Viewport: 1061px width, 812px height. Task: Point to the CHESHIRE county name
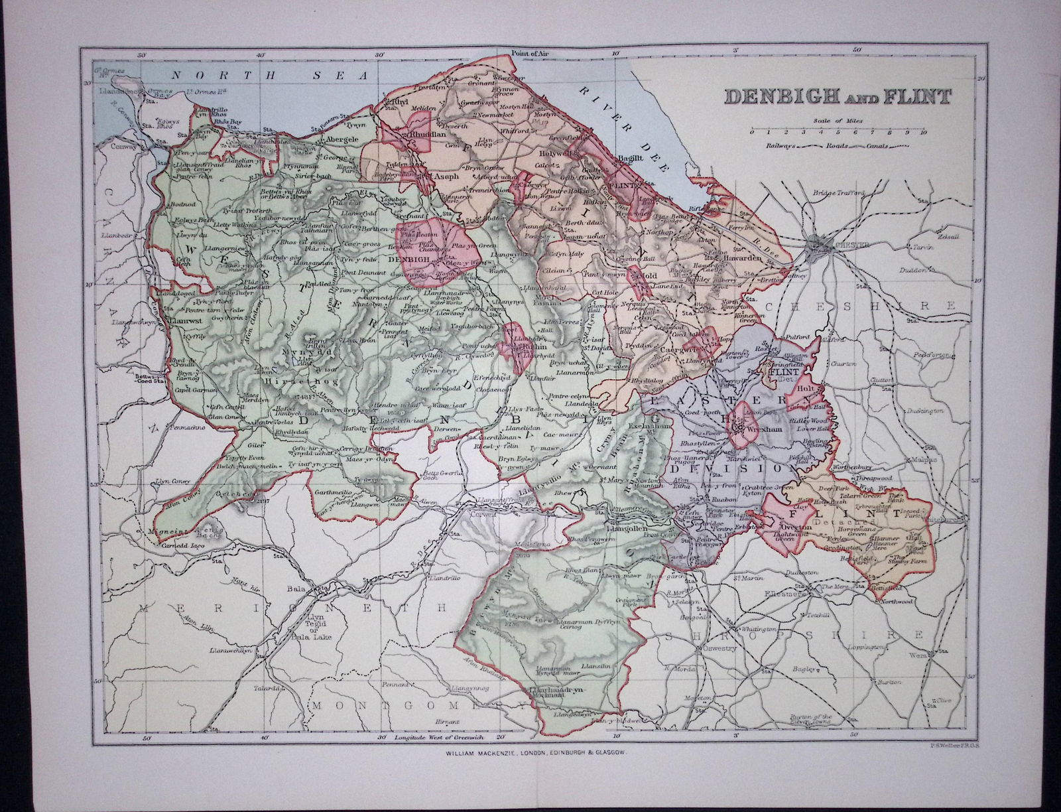tap(862, 306)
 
